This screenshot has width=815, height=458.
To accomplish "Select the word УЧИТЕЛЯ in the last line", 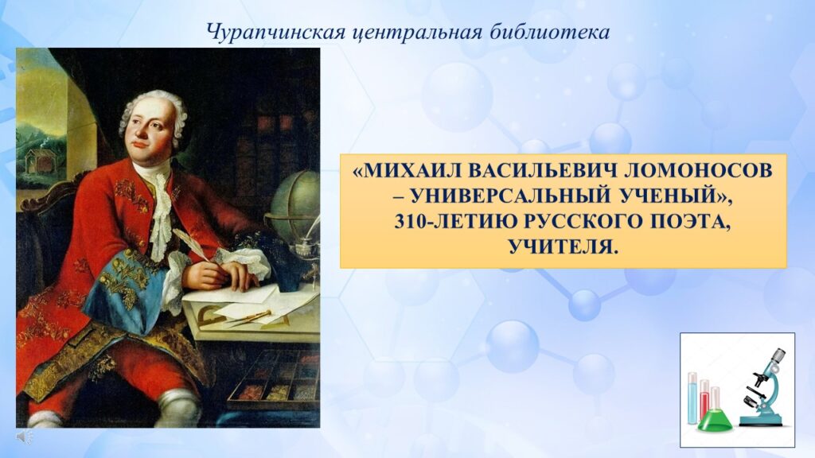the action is coord(563,246).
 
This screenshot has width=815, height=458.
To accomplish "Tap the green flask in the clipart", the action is coord(715,418).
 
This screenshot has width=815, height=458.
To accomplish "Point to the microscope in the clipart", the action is coord(762,387).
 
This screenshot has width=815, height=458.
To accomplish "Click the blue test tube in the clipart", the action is coord(692,398).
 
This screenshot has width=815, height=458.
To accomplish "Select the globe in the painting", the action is coord(293,200).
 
